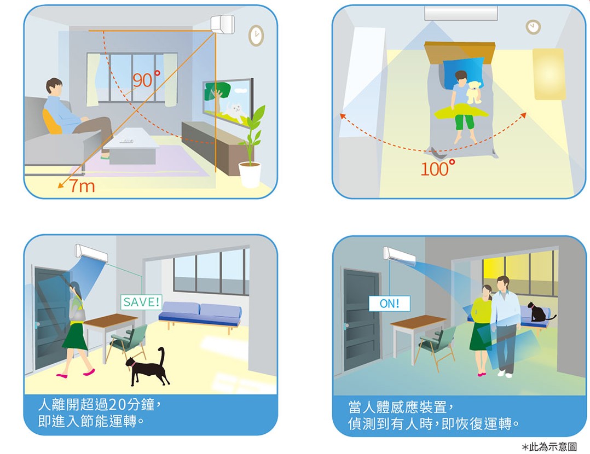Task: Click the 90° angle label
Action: click(x=146, y=79)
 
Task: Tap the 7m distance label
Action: click(x=82, y=186)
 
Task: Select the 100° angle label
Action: click(x=438, y=168)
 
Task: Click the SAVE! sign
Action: click(x=141, y=302)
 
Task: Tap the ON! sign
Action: click(x=390, y=304)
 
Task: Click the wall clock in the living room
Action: click(x=256, y=36)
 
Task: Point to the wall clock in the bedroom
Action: click(x=533, y=27)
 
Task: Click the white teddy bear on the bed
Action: click(x=474, y=92)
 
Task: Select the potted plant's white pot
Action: click(x=250, y=174)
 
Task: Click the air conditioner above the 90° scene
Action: click(x=222, y=24)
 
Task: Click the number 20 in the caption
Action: click(x=117, y=405)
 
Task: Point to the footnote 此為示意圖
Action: click(x=553, y=447)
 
